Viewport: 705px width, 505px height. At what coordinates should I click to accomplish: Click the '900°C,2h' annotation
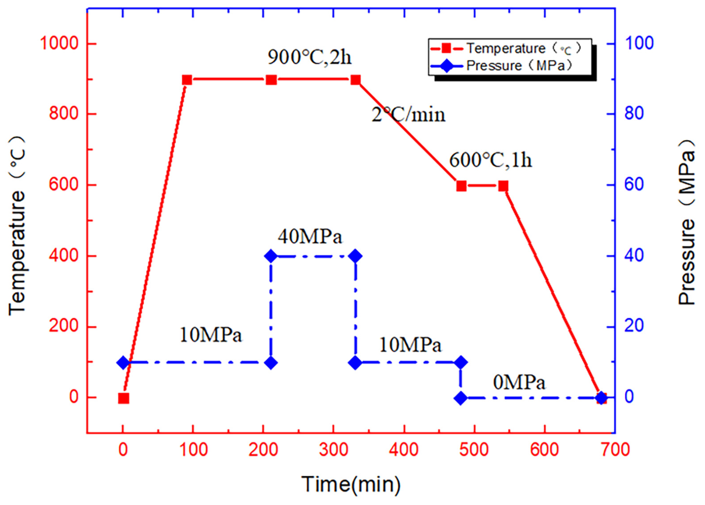(x=310, y=57)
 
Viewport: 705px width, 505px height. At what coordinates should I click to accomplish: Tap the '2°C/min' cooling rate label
(x=408, y=114)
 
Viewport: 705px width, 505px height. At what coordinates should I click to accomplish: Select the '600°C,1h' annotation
(x=490, y=160)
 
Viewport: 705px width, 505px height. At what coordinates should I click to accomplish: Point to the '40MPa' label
(x=310, y=237)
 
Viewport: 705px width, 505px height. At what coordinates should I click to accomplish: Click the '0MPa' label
(x=519, y=382)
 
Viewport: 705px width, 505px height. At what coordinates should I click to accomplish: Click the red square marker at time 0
(x=123, y=398)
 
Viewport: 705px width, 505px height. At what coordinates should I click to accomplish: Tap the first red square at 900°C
(x=187, y=80)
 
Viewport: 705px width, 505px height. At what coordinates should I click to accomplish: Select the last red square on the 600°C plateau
(x=503, y=186)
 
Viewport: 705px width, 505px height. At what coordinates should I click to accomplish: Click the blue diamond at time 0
(x=123, y=362)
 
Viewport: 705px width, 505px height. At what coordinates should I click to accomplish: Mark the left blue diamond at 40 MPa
(x=271, y=256)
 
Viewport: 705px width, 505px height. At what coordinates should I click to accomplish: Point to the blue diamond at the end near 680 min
(x=601, y=398)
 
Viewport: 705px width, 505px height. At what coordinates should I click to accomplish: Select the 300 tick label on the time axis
(x=334, y=450)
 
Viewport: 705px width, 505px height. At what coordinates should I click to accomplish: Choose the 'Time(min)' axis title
(x=351, y=484)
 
